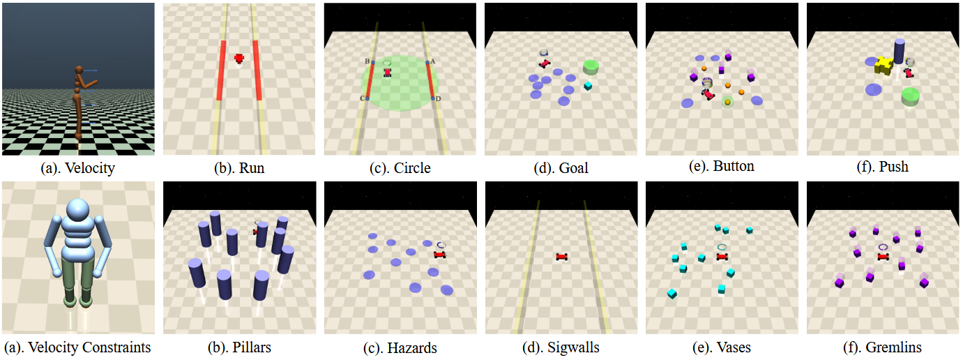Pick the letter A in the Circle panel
(x=434, y=61)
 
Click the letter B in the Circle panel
(x=367, y=61)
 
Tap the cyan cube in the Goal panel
(x=588, y=86)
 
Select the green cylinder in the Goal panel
(x=592, y=67)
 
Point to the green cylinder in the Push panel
(x=909, y=96)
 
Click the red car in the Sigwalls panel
(x=562, y=257)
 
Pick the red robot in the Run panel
(x=239, y=59)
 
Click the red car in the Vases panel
(x=722, y=257)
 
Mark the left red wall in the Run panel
(x=221, y=70)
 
